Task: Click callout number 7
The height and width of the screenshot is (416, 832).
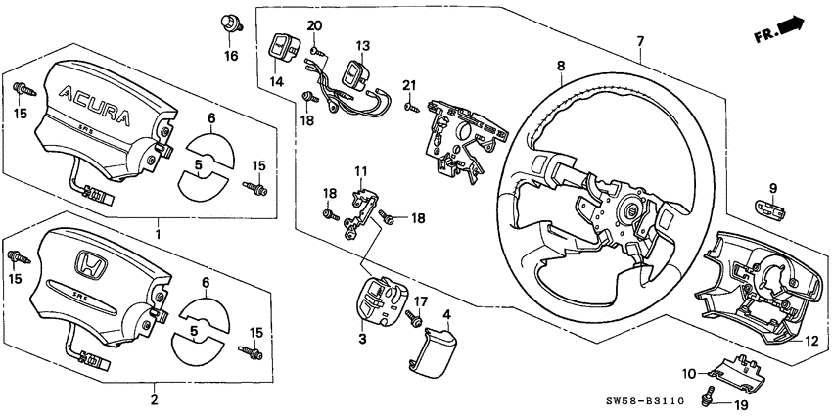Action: click(640, 42)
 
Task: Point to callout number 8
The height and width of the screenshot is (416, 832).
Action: click(561, 67)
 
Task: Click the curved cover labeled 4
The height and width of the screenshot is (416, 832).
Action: click(428, 347)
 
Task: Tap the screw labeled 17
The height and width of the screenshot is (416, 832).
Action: click(415, 319)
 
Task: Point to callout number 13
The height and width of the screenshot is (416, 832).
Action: click(362, 46)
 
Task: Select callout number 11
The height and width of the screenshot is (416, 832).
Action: click(359, 171)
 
